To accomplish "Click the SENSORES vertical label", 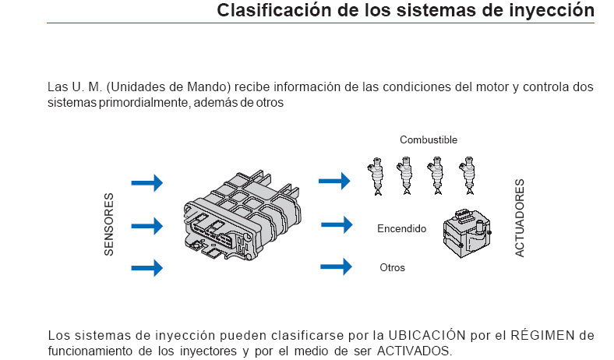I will [x=110, y=224].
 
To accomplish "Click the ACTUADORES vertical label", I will [x=520, y=218].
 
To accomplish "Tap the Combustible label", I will [x=429, y=140].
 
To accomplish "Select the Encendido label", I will [x=401, y=229].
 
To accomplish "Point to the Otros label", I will [x=392, y=268].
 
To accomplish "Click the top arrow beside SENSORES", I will [x=146, y=183].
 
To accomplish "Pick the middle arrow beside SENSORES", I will [x=146, y=226].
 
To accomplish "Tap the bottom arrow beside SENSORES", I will [x=146, y=268].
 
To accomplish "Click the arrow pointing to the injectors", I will [x=335, y=181].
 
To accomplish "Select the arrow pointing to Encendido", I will [x=337, y=225].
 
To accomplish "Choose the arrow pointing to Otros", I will [x=337, y=267].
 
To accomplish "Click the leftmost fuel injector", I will [x=376, y=176].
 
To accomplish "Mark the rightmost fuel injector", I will [x=468, y=176].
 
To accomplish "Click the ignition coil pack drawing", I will [x=465, y=233].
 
